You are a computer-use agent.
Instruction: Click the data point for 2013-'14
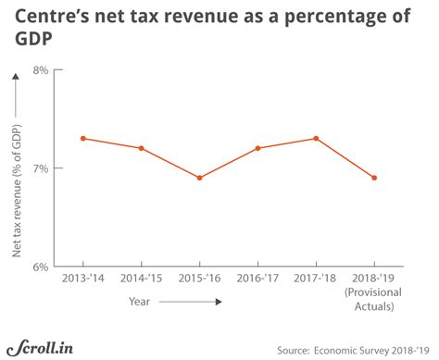83,138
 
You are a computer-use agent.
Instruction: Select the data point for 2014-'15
141,148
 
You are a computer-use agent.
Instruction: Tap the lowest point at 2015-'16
199,178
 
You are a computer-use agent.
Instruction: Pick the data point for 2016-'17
257,148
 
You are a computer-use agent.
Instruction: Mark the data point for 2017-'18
316,138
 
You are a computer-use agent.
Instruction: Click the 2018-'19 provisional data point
374,178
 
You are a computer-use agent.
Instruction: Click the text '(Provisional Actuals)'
374,301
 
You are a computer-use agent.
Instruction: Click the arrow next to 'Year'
190,302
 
